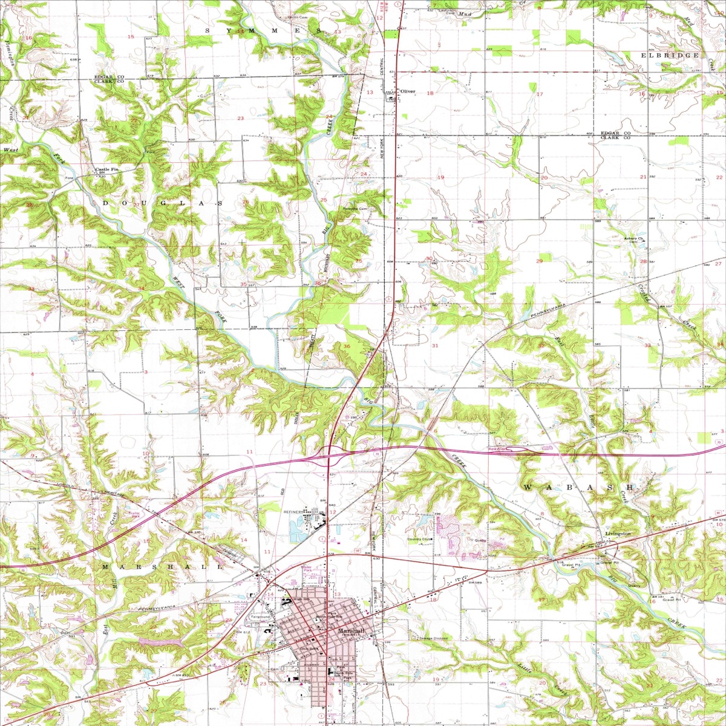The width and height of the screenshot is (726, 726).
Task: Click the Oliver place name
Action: pos(409,91)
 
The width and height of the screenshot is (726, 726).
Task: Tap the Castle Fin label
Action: pos(107,170)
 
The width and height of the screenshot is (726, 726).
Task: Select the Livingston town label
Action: pos(618,534)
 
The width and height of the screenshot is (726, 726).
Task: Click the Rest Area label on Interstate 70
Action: pos(497,450)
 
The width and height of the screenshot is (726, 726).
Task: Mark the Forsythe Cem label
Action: pos(355,209)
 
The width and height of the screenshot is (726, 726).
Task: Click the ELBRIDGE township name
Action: pos(670,56)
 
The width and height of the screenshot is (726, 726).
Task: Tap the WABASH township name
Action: pos(578,487)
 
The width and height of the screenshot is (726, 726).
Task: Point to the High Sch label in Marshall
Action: pos(301,599)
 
